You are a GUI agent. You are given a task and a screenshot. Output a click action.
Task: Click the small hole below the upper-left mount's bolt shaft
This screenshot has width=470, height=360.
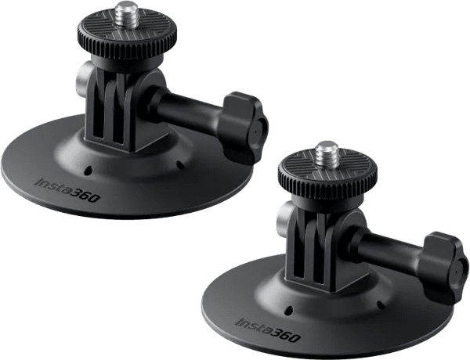(181, 164)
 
